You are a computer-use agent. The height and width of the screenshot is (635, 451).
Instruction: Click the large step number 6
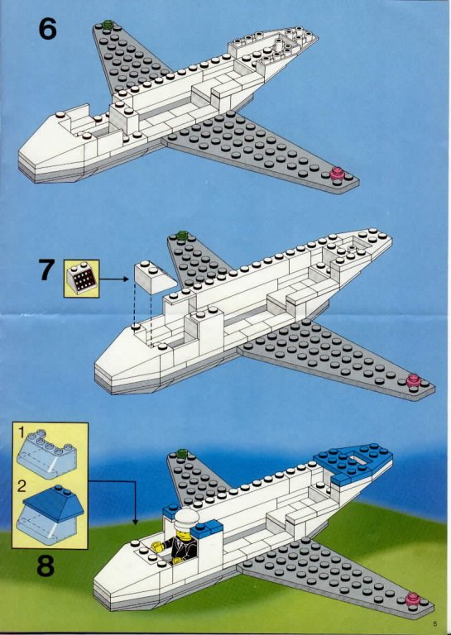click(47, 29)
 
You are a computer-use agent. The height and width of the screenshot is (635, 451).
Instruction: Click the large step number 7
click(46, 270)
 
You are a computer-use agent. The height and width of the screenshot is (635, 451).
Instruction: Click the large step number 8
click(46, 566)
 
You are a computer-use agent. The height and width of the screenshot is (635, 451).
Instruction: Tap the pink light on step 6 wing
click(337, 174)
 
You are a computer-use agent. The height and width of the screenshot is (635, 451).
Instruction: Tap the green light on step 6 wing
click(108, 24)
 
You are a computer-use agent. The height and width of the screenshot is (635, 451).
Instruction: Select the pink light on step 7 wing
click(413, 380)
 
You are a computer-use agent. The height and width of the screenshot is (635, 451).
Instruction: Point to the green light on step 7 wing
click(182, 235)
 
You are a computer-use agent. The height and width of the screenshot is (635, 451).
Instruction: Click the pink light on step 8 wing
click(412, 598)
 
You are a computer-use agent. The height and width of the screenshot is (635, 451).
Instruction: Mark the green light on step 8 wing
click(182, 453)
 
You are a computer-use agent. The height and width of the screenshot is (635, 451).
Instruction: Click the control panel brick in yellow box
click(82, 278)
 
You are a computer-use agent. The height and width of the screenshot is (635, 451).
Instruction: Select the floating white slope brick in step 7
click(156, 277)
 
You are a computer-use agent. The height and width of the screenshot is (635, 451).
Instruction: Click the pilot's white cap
click(186, 518)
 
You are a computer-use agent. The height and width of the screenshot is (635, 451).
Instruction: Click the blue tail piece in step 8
click(353, 462)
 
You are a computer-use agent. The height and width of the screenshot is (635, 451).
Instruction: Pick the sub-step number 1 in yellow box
click(22, 432)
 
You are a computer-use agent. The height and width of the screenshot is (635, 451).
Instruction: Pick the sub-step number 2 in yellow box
click(22, 486)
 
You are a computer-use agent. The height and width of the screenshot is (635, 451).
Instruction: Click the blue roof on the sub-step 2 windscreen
click(54, 503)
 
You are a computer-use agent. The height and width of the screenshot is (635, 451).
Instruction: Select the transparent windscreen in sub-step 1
click(46, 455)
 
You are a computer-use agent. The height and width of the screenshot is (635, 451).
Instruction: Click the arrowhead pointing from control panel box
click(126, 279)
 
